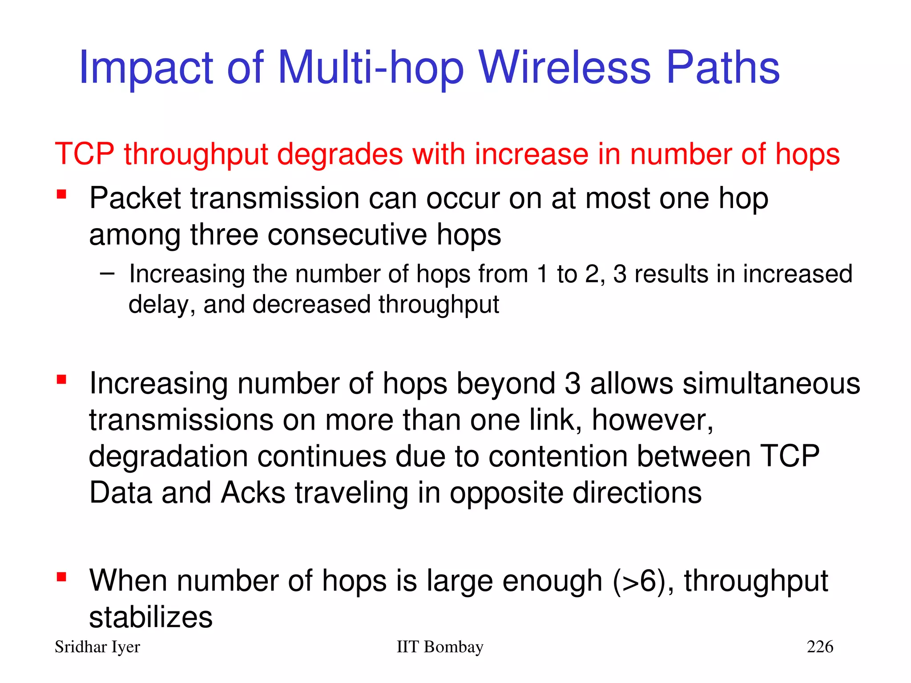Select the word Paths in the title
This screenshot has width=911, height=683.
(723, 68)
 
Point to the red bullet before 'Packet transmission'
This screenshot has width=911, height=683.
(61, 194)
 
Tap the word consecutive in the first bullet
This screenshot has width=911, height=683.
(347, 234)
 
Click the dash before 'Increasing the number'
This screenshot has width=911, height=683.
(107, 273)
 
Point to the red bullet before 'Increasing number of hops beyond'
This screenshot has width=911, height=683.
(61, 380)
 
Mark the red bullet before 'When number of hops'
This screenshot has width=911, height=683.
(61, 577)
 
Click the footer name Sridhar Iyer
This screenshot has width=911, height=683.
(97, 647)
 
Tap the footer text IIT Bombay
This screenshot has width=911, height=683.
(439, 647)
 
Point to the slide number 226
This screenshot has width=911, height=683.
(820, 647)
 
